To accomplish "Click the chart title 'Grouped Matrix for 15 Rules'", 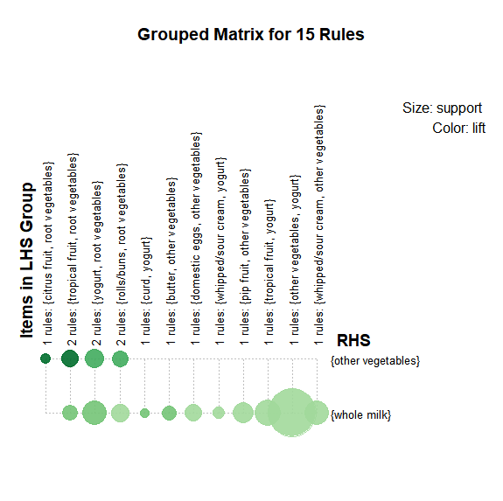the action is click(251, 35).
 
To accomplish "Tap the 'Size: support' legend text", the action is click(442, 108).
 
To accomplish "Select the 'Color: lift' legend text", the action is click(458, 128).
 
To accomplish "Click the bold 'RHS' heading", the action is click(353, 340).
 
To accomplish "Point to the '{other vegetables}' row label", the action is click(375, 360).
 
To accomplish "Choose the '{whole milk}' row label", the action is click(361, 414).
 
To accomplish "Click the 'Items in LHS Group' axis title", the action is click(27, 260).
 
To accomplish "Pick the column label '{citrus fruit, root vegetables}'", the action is click(47, 233).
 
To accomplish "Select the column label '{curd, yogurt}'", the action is click(146, 270).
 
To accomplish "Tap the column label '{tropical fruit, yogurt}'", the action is click(269, 252).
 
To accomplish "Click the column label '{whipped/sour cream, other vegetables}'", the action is click(319, 205).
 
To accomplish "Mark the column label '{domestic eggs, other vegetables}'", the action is click(196, 218).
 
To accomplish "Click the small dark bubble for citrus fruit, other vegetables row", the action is click(45, 358).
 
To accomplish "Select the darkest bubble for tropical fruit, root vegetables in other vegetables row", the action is click(70, 358).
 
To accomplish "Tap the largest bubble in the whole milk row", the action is click(292, 413).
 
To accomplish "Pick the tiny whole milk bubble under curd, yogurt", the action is click(144, 413).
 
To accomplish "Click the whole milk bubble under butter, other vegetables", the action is click(169, 413).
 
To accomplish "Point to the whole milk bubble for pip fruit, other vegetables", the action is click(243, 413).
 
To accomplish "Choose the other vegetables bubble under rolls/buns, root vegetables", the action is click(121, 358).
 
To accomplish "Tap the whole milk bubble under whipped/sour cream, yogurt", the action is click(219, 413).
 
